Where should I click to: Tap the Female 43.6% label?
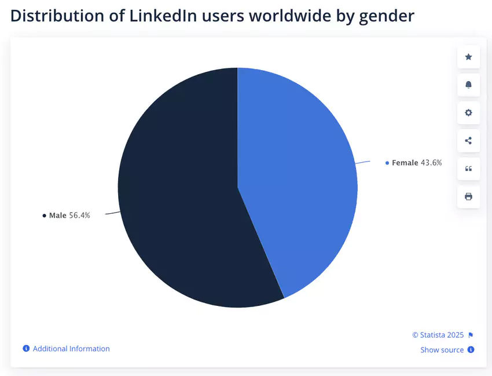(416, 163)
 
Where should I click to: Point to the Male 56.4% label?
(69, 216)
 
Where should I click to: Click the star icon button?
(468, 57)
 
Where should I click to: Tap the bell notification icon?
(468, 85)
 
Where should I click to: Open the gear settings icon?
(468, 112)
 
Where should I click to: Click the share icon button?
(468, 140)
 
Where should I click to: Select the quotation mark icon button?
(468, 169)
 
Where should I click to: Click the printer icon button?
(468, 196)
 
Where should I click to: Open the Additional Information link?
(71, 349)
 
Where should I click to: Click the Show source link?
(442, 350)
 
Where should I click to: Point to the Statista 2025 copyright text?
(438, 335)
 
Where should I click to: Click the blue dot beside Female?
(387, 163)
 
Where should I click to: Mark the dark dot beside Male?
(44, 216)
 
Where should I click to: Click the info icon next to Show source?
(471, 350)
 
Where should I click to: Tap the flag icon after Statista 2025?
(471, 335)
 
